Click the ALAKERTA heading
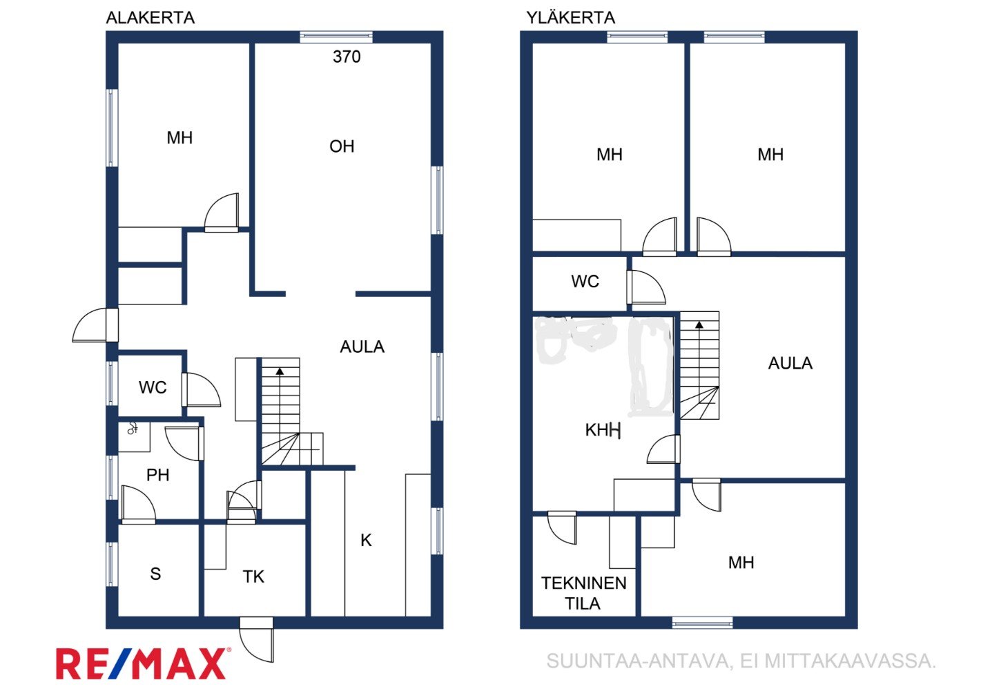point(150,17)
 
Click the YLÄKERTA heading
point(570,17)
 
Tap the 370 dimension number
point(347,57)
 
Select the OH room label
point(342,146)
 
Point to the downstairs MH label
point(179,137)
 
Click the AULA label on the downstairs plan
point(362,347)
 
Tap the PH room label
point(157,475)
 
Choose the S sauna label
point(155,574)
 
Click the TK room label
point(253,576)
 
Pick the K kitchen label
point(366,541)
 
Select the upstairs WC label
point(585,281)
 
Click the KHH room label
point(603,430)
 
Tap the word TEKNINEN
point(584,583)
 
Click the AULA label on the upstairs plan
point(790,363)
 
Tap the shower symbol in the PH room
point(133,428)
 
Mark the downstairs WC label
point(153,387)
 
